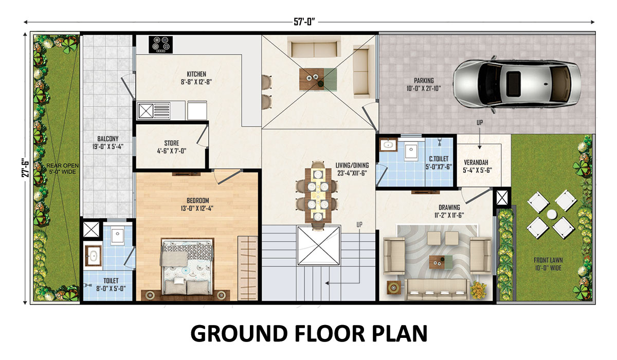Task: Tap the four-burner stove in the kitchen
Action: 161,45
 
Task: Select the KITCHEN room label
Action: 196,74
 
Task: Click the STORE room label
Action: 172,143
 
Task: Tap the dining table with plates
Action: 318,195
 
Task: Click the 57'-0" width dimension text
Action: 304,22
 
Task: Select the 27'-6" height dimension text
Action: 25,167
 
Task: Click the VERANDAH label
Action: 476,163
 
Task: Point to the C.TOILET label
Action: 439,159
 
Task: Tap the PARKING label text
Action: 424,81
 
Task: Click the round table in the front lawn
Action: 552,214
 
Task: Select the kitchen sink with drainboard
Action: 154,111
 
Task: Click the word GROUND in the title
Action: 239,334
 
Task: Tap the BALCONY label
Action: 107,139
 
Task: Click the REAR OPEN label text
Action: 63,166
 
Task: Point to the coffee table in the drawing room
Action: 441,262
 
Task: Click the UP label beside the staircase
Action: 359,225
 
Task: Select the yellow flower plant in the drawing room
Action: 479,290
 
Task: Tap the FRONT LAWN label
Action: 548,260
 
